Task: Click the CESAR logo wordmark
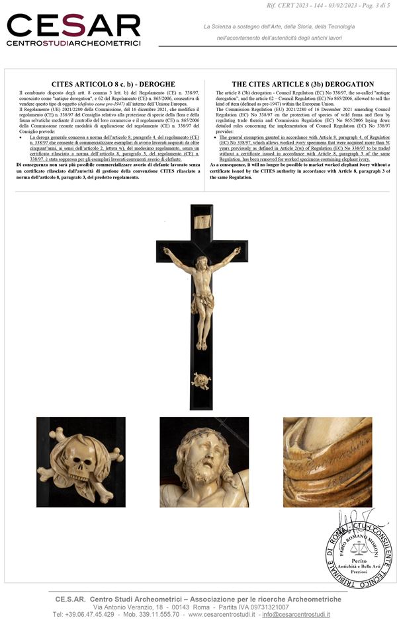coord(73,26)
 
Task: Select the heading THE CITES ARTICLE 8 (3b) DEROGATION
coord(302,85)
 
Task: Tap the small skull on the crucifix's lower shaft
coord(200,380)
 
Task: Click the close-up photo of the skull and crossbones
coord(81,461)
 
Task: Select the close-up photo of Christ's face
coord(204,461)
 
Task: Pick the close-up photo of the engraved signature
coord(327,461)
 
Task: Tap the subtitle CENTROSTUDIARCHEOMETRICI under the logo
coord(73,43)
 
